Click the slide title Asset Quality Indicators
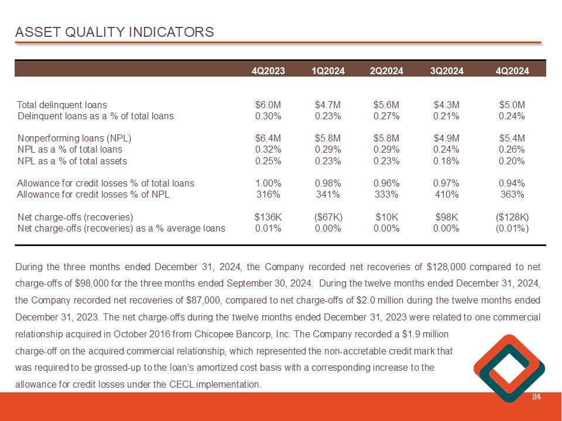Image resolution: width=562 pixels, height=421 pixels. click(115, 32)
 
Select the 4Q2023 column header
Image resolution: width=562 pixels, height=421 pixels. click(268, 71)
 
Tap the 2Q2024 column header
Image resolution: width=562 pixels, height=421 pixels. click(386, 71)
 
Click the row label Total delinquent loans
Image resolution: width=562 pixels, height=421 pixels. click(62, 105)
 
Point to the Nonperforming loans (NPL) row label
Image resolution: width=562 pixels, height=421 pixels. click(74, 139)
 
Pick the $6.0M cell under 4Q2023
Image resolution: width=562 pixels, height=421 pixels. click(268, 105)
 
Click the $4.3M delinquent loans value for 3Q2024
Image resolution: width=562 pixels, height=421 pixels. click(446, 105)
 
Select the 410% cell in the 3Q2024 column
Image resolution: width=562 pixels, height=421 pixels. click(446, 195)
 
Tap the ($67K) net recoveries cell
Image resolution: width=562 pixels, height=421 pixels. click(328, 217)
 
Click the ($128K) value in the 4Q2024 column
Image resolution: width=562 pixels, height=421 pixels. click(512, 217)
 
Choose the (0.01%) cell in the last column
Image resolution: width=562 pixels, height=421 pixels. click(512, 228)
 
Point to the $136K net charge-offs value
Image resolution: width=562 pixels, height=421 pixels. click(268, 217)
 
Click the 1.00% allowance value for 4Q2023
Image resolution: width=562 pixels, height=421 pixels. click(268, 184)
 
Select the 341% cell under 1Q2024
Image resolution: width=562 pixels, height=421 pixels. click(328, 195)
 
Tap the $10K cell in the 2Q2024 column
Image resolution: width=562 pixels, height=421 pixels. click(386, 217)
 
